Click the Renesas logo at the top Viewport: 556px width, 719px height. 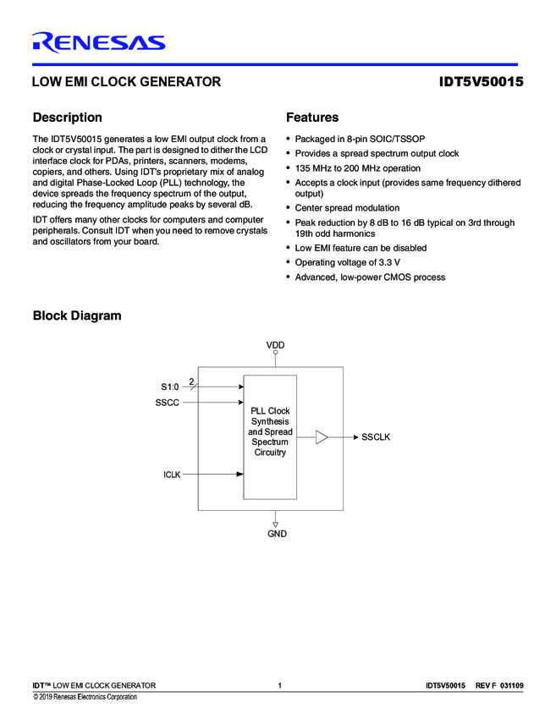point(98,42)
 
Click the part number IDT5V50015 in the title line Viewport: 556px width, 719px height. point(481,83)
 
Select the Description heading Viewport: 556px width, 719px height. point(67,118)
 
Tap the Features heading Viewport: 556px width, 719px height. point(312,118)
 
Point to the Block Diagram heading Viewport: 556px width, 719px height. point(76,316)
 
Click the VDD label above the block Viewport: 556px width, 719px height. point(276,346)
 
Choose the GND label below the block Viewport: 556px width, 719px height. point(277,534)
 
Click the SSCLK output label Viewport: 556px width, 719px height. point(376,437)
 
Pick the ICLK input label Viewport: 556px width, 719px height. point(172,475)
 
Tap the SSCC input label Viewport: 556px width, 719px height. point(167,403)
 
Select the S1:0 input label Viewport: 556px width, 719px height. point(170,387)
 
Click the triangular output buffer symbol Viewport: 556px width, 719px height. point(322,437)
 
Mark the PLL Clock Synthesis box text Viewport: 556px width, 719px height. point(270,431)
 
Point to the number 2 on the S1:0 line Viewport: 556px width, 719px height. point(191,382)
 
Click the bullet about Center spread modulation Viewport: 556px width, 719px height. point(347,208)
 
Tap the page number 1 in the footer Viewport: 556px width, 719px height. point(278,685)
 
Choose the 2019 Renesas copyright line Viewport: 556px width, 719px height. point(85,697)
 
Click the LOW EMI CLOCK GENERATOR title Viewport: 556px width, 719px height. point(126,83)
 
